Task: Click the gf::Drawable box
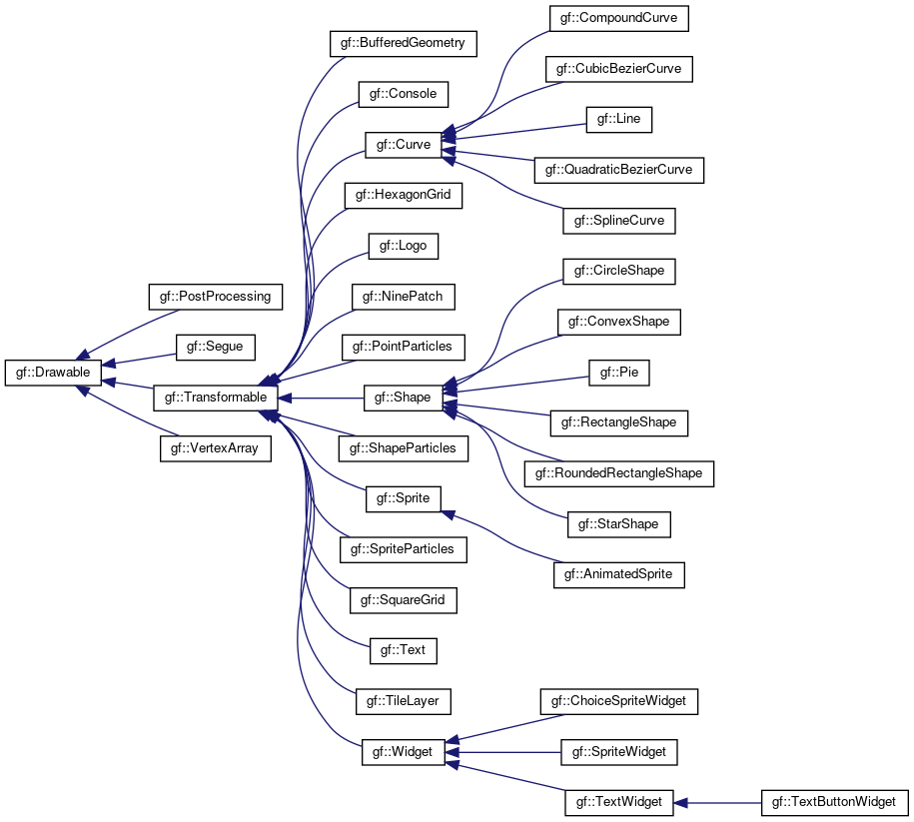53,373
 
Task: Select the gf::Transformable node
215,398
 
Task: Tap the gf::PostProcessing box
215,297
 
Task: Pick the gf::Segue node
215,347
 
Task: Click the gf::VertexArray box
215,448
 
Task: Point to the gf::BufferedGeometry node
403,43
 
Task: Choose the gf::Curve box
403,145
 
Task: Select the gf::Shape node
403,398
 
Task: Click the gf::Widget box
403,752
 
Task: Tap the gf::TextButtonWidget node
834,803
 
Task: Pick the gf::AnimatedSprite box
618,575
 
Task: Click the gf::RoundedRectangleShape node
618,473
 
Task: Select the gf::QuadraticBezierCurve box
618,170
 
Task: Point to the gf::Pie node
618,373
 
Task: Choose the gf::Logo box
403,246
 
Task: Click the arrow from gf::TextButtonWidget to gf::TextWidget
717,803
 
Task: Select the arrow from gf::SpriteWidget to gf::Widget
503,752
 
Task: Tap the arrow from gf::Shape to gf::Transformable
321,399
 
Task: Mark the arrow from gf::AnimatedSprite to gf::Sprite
502,537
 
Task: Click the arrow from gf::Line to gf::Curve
514,132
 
